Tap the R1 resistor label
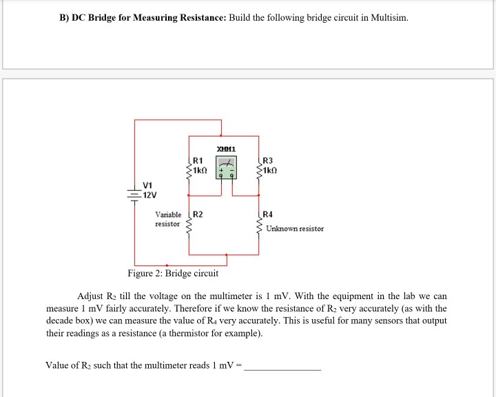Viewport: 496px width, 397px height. (x=197, y=161)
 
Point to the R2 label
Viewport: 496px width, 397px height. (x=198, y=214)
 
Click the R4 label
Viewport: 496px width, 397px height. (x=268, y=214)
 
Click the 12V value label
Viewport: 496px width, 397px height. (x=149, y=194)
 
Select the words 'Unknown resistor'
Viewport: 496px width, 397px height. (x=294, y=228)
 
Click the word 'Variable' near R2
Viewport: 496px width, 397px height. (x=168, y=214)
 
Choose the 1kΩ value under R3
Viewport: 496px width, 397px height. (x=270, y=170)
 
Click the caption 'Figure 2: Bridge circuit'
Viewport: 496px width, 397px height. (x=173, y=274)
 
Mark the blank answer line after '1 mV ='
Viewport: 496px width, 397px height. (x=283, y=366)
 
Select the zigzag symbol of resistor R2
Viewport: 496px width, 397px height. (x=187, y=222)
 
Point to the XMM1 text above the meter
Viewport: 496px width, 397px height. (x=226, y=149)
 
